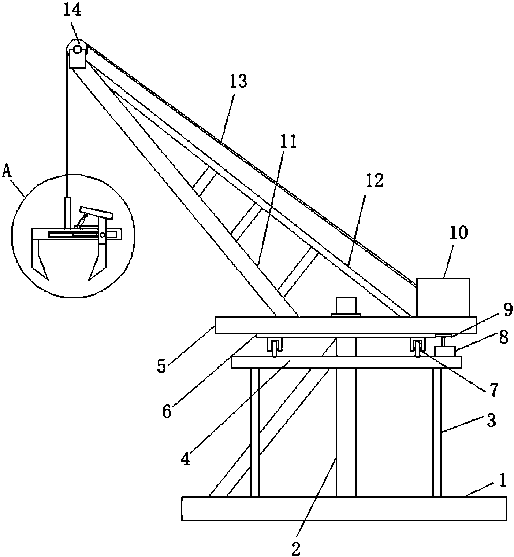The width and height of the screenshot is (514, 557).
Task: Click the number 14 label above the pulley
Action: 72,10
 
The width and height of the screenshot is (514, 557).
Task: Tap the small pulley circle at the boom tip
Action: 77,51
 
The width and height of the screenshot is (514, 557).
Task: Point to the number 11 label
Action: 288,142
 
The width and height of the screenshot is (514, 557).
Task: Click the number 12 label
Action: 374,181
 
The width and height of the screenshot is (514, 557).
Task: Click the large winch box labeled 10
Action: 443,297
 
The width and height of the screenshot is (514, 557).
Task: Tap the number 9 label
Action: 507,310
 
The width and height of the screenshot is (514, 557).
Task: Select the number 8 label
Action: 504,338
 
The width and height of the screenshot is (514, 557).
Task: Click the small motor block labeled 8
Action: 444,351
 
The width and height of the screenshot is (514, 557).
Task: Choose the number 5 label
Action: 161,367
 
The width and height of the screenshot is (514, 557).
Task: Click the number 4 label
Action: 186,459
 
